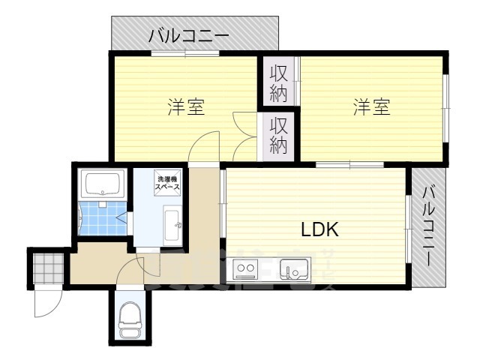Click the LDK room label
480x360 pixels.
click(320, 230)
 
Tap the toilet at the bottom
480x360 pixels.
click(130, 319)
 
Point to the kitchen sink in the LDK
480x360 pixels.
click(294, 268)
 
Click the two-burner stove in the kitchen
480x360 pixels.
click(245, 268)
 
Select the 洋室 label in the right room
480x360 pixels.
click(372, 106)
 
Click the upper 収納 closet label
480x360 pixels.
click(279, 82)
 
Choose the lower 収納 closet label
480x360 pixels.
click(279, 136)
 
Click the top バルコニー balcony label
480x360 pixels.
click(188, 34)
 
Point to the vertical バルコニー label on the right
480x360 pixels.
click(428, 226)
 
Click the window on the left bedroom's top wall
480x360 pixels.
click(185, 53)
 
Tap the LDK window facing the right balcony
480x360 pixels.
click(408, 229)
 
